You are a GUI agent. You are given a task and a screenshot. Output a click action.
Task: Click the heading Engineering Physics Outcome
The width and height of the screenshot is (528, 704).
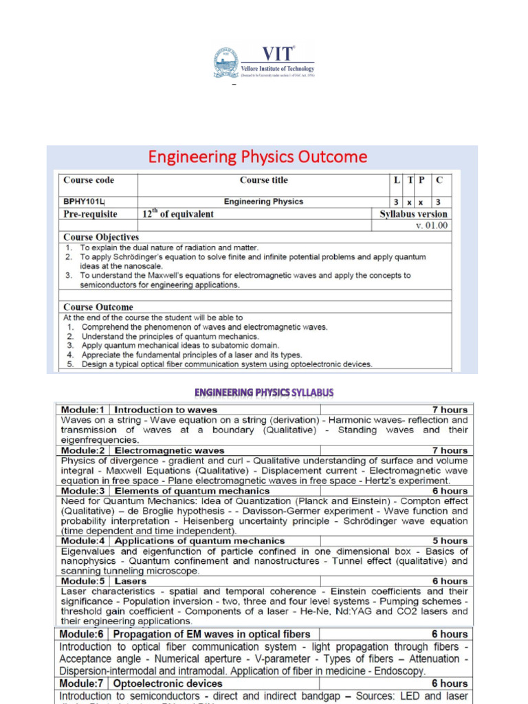[x=258, y=157]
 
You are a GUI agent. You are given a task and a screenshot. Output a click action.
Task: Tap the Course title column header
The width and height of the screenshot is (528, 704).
[x=263, y=180]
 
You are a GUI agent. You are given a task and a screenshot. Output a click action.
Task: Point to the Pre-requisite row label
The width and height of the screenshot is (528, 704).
[x=90, y=214]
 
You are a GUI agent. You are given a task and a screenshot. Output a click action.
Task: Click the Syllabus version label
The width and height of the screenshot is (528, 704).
[x=413, y=214]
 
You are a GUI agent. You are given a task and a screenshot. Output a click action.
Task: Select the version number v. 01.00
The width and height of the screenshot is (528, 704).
[x=431, y=225]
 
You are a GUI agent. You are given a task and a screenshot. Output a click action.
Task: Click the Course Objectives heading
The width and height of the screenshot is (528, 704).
[x=101, y=237]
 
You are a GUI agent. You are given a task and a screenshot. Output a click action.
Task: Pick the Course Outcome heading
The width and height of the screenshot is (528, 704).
[x=98, y=307]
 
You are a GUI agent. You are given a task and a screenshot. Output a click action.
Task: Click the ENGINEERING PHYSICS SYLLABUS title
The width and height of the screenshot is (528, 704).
[x=264, y=393]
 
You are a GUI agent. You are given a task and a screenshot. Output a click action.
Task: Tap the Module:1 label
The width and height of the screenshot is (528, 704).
[x=84, y=410]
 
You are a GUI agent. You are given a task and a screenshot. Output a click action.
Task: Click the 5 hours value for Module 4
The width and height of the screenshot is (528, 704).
[x=450, y=541]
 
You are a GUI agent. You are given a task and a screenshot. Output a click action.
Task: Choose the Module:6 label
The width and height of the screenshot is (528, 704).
[x=83, y=634]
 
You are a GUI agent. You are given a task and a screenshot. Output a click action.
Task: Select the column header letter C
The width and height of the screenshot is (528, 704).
[x=439, y=180]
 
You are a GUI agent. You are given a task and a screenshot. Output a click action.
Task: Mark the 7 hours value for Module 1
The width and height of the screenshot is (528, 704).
[x=450, y=410]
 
